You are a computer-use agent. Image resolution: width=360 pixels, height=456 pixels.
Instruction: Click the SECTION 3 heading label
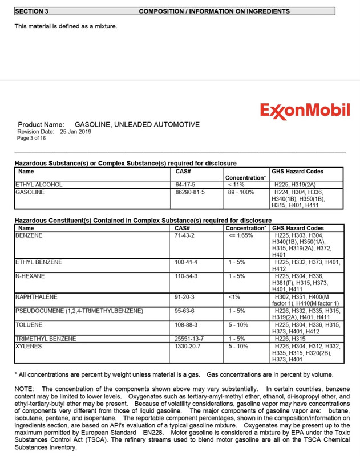[31, 11]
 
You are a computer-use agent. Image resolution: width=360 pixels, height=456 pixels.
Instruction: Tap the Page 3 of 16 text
[31, 138]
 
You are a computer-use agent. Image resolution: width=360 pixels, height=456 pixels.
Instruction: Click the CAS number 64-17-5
[186, 185]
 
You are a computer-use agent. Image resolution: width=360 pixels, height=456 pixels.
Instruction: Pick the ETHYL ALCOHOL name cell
[39, 185]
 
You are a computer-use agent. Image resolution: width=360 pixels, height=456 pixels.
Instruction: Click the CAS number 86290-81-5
[190, 193]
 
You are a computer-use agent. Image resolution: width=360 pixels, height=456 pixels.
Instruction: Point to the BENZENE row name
[29, 235]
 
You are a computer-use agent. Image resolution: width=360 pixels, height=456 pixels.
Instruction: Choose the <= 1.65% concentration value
[240, 235]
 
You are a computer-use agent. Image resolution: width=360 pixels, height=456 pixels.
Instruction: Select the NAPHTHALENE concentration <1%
[234, 297]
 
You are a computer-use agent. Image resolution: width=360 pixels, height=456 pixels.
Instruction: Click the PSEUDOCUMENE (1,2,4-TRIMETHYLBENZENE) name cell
[79, 311]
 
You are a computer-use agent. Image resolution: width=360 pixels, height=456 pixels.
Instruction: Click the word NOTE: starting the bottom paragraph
[24, 389]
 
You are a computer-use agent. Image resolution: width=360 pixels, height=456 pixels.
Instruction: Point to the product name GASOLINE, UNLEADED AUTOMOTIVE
[137, 124]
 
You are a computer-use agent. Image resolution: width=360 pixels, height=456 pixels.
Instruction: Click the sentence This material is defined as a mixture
[66, 26]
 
